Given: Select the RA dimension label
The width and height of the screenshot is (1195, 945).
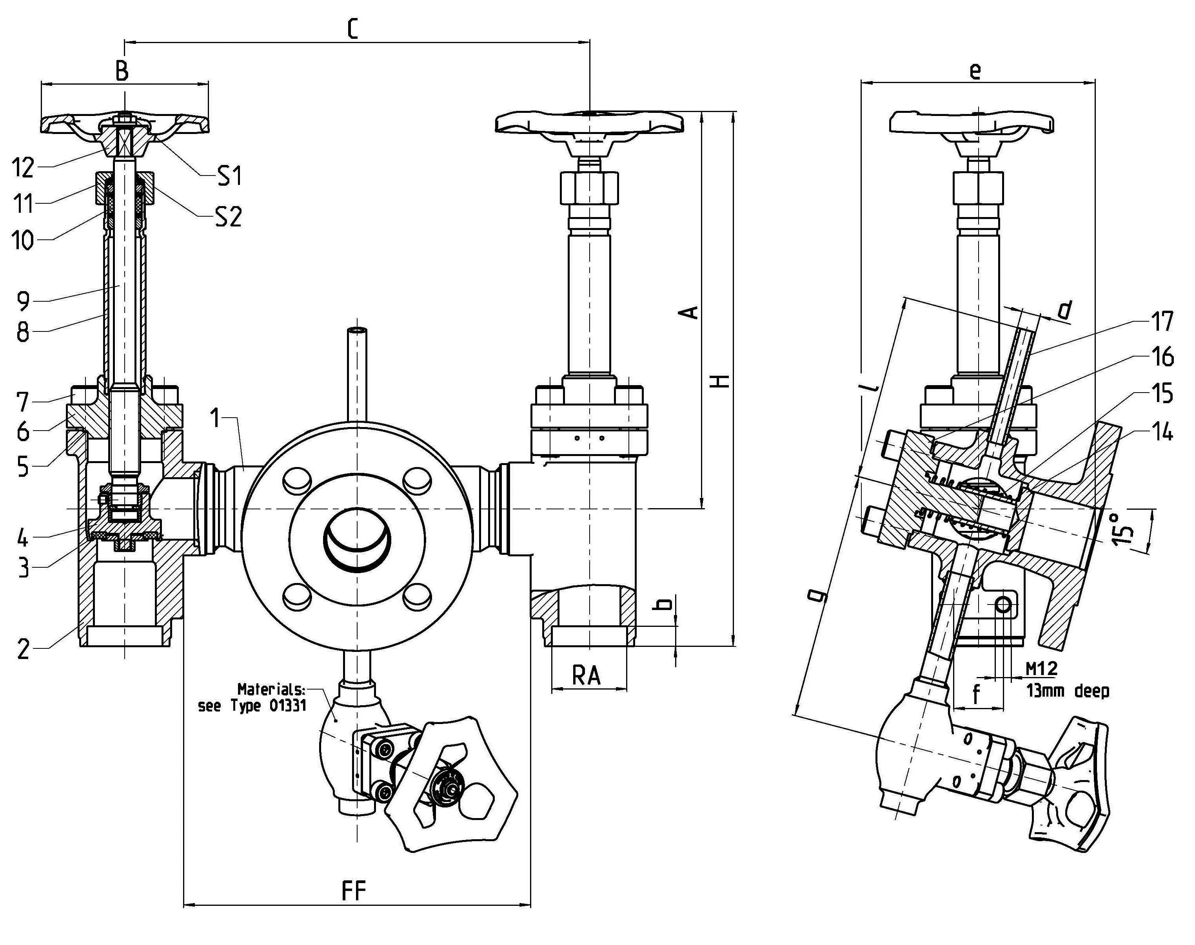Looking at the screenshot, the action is (x=586, y=675).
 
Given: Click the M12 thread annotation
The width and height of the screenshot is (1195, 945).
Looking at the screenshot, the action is (x=1042, y=668).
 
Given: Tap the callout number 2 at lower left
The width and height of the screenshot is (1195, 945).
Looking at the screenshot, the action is (x=23, y=649).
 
